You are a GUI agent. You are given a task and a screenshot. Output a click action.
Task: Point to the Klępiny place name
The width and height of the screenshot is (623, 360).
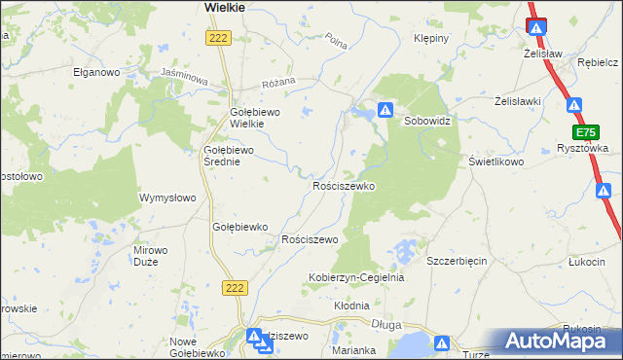tap(430, 39)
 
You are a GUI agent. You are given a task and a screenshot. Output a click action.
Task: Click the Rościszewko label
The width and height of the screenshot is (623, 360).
tap(343, 185)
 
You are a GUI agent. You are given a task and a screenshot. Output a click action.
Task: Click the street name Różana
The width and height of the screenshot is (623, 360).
tap(275, 85)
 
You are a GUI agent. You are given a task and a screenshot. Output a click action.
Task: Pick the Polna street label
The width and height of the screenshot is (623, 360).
tap(337, 42)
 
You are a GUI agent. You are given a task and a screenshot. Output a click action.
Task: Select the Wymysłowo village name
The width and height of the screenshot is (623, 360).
tap(168, 198)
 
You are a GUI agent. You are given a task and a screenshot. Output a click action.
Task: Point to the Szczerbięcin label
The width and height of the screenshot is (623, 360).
tap(457, 262)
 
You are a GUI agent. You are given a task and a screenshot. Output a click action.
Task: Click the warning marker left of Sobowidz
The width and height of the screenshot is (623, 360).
tap(385, 111)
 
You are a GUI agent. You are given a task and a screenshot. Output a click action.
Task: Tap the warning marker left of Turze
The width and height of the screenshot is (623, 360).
tap(442, 343)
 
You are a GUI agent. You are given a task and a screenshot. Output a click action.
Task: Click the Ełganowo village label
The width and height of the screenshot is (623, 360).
tap(95, 72)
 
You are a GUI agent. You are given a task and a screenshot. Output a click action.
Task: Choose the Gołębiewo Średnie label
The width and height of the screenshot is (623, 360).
tap(228, 156)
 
